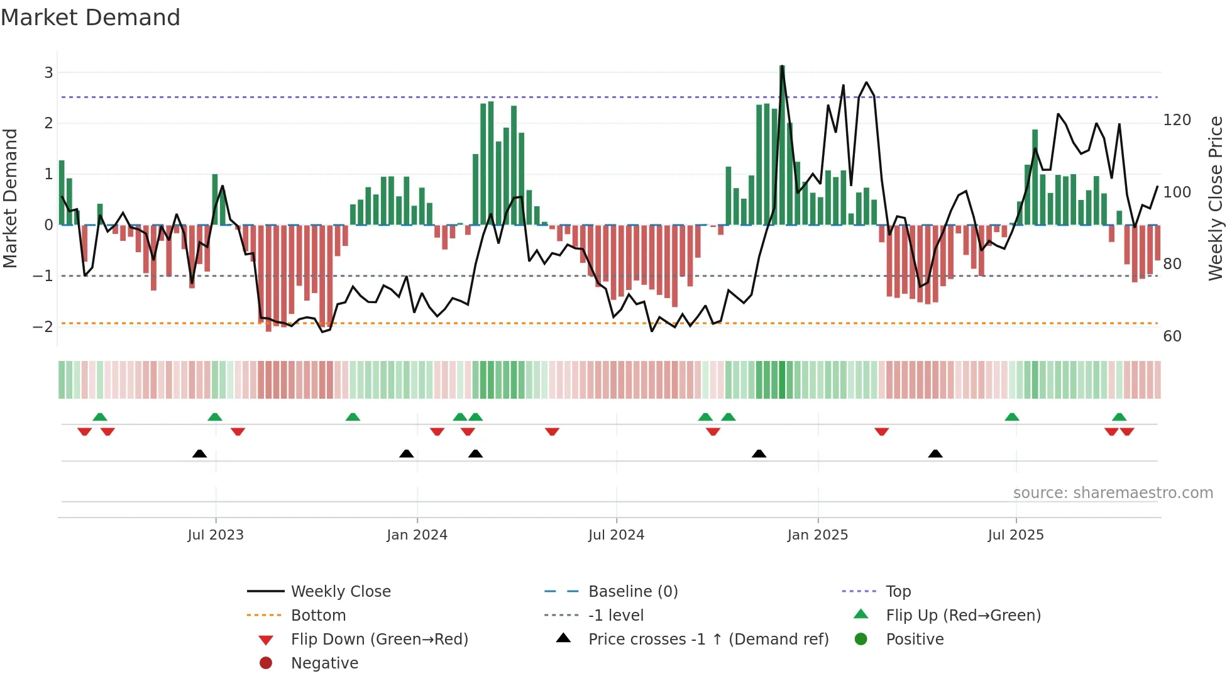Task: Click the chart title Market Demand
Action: (91, 18)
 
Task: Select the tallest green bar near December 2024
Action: (782, 145)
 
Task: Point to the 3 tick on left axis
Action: (48, 72)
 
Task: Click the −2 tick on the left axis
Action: (43, 326)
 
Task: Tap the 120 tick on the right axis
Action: (1177, 119)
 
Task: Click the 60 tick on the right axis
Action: (1172, 336)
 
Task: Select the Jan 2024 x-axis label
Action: (417, 535)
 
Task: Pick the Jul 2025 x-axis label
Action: (1015, 535)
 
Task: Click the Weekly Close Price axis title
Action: (1216, 198)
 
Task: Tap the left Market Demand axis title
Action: (10, 198)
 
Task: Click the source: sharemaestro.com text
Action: (1113, 493)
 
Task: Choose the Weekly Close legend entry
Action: (340, 591)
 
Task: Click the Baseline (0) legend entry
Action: (632, 591)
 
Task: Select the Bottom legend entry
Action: (318, 615)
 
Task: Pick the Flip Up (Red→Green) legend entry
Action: (963, 615)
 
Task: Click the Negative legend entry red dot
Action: (266, 663)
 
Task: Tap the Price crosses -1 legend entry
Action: (708, 639)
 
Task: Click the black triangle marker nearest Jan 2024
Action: (407, 453)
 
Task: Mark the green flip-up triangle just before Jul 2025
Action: (1011, 417)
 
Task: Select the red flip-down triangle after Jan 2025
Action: (881, 431)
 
